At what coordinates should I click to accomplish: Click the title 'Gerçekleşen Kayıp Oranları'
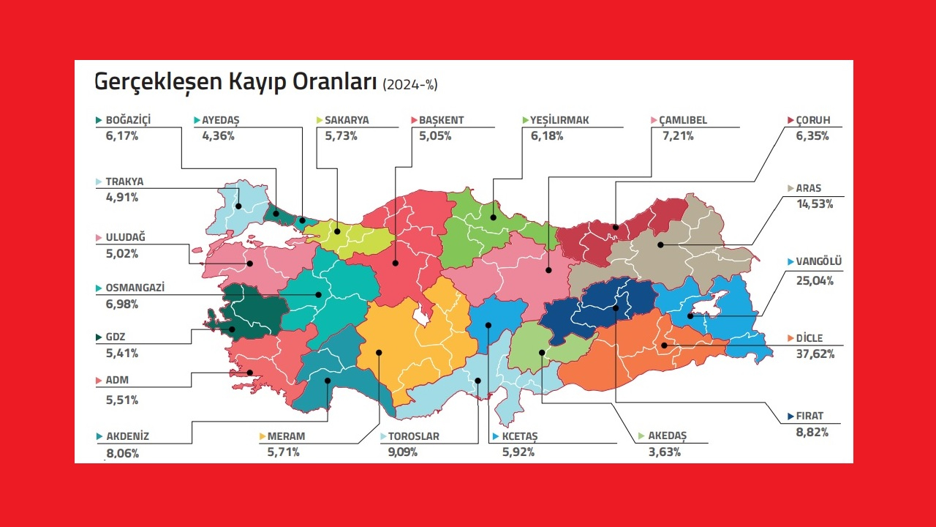coord(235,83)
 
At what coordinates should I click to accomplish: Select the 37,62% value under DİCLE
coord(815,354)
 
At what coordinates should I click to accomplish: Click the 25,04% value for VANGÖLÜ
coord(815,280)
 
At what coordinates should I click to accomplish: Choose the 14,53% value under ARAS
coord(815,204)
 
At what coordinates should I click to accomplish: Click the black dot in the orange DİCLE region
coord(664,345)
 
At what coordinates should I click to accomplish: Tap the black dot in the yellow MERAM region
coord(380,352)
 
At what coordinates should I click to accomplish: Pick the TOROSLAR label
coord(415,436)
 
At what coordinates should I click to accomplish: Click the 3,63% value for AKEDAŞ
coord(665,452)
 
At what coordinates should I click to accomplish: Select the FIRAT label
coord(809,416)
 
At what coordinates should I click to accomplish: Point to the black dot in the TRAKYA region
coord(238,206)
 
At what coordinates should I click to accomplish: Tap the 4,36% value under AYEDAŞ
coord(218,136)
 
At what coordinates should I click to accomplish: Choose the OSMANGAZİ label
coord(135,288)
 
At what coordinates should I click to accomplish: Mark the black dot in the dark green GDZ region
coord(233,329)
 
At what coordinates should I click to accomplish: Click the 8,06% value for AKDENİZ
coord(122,453)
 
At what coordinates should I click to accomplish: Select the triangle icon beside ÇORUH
coord(791,120)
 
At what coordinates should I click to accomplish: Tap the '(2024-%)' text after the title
coord(409,85)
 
